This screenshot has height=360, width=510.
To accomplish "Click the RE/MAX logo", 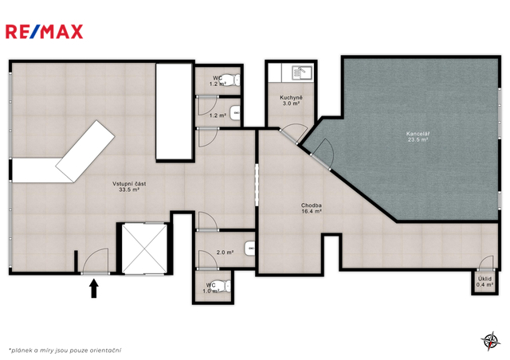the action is point(45,32).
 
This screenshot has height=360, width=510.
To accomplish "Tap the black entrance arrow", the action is point(94,288).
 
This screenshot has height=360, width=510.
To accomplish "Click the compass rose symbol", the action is point(491,341).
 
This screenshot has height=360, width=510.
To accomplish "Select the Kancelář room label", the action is point(418,136).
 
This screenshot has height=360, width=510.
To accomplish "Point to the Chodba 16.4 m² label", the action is point(312,208).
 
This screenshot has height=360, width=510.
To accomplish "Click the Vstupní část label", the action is point(129,186).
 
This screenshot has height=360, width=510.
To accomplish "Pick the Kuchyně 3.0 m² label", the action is point(291,100).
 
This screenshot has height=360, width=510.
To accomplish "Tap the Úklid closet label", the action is point(484,282).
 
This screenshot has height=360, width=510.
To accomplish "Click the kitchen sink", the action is point(302,72).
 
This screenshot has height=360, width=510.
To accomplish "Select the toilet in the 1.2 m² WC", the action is point(233,80).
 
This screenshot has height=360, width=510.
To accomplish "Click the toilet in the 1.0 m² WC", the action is point(224,286).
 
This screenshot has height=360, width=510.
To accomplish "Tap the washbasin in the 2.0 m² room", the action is point(249,248).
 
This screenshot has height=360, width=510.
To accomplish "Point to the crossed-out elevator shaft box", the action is point(144,248).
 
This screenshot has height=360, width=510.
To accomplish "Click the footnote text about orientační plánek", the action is point(65,350).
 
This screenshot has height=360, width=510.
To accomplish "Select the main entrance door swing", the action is point(96,261).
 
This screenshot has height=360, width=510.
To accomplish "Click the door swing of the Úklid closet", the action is point(485,263).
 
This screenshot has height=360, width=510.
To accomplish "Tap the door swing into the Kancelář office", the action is point(324,154).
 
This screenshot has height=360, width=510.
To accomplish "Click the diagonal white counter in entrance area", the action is point(85,151).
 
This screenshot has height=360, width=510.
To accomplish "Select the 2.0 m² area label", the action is point(225,252).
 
